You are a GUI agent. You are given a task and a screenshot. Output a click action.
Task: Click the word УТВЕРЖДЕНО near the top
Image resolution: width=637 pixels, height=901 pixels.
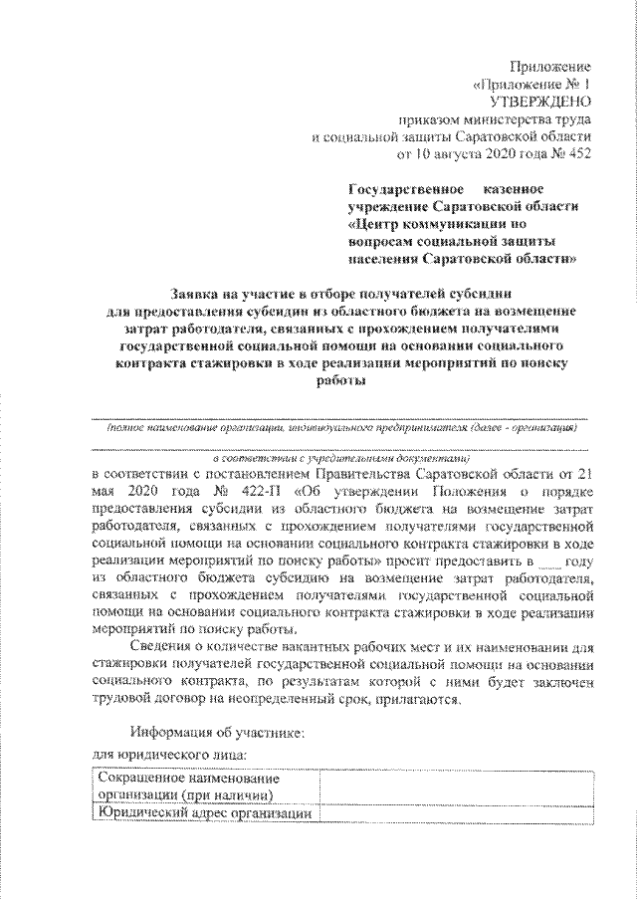pyautogui.click(x=541, y=102)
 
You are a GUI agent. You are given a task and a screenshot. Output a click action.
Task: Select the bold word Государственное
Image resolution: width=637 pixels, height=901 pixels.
pyautogui.click(x=403, y=188)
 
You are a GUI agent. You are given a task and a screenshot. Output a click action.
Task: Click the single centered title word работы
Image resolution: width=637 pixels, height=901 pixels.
pyautogui.click(x=341, y=383)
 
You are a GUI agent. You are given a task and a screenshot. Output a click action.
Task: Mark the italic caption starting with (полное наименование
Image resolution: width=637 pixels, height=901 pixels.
pyautogui.click(x=341, y=426)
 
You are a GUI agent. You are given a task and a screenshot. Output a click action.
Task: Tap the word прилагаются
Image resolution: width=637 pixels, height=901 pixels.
pyautogui.click(x=421, y=700)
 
